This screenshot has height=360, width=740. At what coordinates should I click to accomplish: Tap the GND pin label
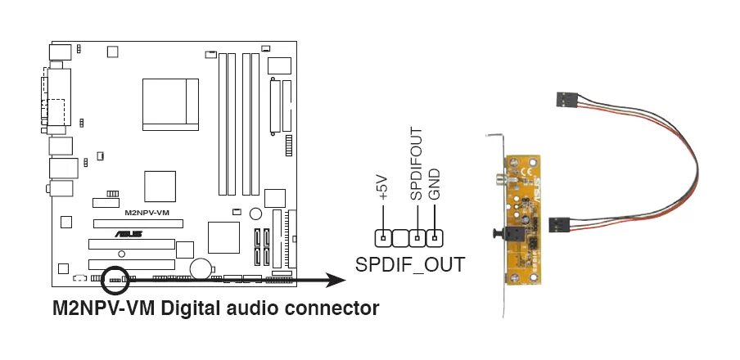point(435,184)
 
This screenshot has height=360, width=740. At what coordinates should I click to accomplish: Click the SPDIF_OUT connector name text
point(409,264)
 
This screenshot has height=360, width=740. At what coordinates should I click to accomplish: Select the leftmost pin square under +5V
point(382,238)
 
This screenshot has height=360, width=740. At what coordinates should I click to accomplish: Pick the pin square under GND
point(435,238)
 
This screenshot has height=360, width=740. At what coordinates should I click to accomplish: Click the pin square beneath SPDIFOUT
point(417,238)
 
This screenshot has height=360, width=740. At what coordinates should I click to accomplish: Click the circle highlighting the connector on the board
point(115,278)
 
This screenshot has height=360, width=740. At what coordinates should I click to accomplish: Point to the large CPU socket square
point(170,103)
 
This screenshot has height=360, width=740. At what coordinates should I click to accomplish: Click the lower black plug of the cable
point(557,222)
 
